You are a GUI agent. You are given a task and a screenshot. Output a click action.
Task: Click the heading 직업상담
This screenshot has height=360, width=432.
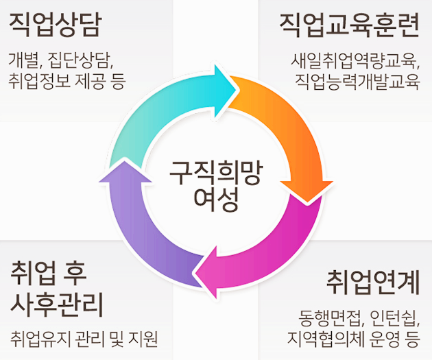(55, 25)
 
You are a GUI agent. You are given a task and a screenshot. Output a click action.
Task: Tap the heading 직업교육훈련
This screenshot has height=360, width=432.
(349, 25)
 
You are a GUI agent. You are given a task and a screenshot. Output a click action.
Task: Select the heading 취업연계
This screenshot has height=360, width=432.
(372, 280)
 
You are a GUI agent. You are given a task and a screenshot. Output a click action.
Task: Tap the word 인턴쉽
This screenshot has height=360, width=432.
(394, 317)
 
